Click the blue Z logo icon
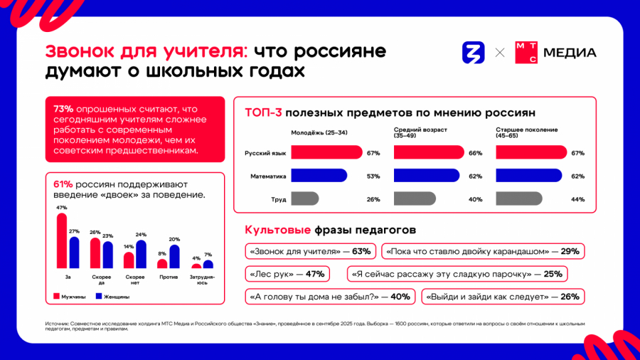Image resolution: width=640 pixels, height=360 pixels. [x=474, y=52]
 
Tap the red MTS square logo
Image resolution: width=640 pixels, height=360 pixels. [x=526, y=52]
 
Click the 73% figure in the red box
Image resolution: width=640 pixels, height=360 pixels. [x=63, y=109]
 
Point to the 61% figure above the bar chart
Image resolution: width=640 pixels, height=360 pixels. [x=63, y=184]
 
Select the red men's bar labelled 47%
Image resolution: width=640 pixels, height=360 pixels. [x=62, y=240]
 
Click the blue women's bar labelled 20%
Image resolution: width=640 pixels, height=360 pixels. [x=174, y=256]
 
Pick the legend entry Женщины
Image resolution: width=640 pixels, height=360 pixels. [x=114, y=297]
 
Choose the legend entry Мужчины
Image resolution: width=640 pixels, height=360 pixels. [x=72, y=297]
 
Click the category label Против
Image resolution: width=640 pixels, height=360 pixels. [x=169, y=276]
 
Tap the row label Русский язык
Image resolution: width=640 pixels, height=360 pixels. [x=265, y=153]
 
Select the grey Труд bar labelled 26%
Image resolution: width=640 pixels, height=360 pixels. [x=304, y=199]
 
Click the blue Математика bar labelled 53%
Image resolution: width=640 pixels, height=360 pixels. [x=319, y=176]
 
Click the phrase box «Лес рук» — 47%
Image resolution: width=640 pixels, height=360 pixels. [x=286, y=274]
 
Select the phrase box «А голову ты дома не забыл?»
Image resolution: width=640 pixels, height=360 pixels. [x=329, y=297]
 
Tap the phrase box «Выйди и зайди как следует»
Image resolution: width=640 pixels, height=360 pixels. [x=502, y=297]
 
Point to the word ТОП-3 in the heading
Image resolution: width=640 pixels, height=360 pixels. [x=263, y=112]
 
